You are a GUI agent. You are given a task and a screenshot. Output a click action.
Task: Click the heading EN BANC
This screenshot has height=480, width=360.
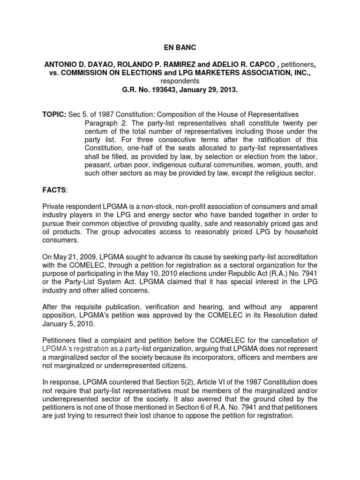pos(180,47)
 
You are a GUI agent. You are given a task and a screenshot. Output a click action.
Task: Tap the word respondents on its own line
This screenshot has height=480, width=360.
pos(180,81)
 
